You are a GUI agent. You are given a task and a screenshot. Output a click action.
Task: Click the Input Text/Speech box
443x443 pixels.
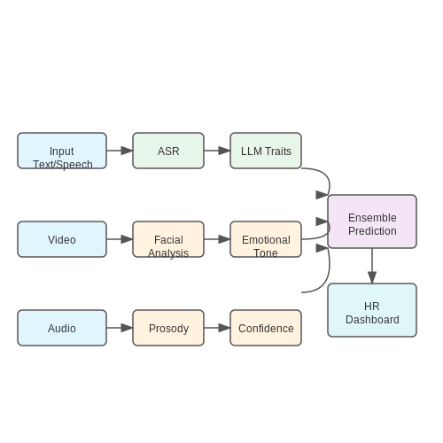pyautogui.click(x=62, y=151)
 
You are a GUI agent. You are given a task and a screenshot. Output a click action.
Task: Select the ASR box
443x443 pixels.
pyautogui.click(x=168, y=151)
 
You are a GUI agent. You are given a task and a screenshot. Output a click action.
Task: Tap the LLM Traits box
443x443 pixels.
pyautogui.click(x=266, y=151)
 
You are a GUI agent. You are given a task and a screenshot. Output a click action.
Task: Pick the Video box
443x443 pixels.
pyautogui.click(x=62, y=239)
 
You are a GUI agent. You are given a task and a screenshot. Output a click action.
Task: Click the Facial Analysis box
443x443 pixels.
pyautogui.click(x=168, y=239)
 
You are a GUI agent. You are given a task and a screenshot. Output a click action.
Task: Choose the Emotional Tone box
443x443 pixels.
pyautogui.click(x=266, y=239)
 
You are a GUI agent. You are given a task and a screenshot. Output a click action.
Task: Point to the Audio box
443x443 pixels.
pyautogui.click(x=62, y=328)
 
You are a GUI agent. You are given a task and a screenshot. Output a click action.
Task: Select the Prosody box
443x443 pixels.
pyautogui.click(x=168, y=328)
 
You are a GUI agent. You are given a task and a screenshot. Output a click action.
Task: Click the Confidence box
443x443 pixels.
pyautogui.click(x=266, y=328)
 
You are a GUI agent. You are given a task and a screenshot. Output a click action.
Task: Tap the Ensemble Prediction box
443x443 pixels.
pyautogui.click(x=372, y=221)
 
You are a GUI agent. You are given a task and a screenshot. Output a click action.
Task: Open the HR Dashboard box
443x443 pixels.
pyautogui.click(x=372, y=310)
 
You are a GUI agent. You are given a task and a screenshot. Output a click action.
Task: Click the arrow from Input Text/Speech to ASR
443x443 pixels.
pyautogui.click(x=120, y=151)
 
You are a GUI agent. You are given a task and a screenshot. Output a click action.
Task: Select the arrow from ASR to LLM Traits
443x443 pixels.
pyautogui.click(x=217, y=151)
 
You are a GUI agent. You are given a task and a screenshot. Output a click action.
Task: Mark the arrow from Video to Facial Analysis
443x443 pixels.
pyautogui.click(x=120, y=239)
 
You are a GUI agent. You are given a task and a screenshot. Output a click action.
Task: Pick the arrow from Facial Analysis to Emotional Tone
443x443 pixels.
pyautogui.click(x=217, y=239)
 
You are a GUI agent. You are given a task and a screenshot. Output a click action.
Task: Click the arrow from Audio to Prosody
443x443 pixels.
pyautogui.click(x=120, y=328)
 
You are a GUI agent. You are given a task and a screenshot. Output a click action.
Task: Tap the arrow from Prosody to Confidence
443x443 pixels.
pyautogui.click(x=217, y=328)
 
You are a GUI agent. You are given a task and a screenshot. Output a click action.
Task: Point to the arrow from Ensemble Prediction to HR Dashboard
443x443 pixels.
pyautogui.click(x=372, y=266)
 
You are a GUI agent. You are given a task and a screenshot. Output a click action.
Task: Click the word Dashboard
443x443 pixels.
pyautogui.click(x=372, y=320)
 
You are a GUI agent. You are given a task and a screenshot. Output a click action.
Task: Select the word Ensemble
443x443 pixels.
pyautogui.click(x=372, y=218)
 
